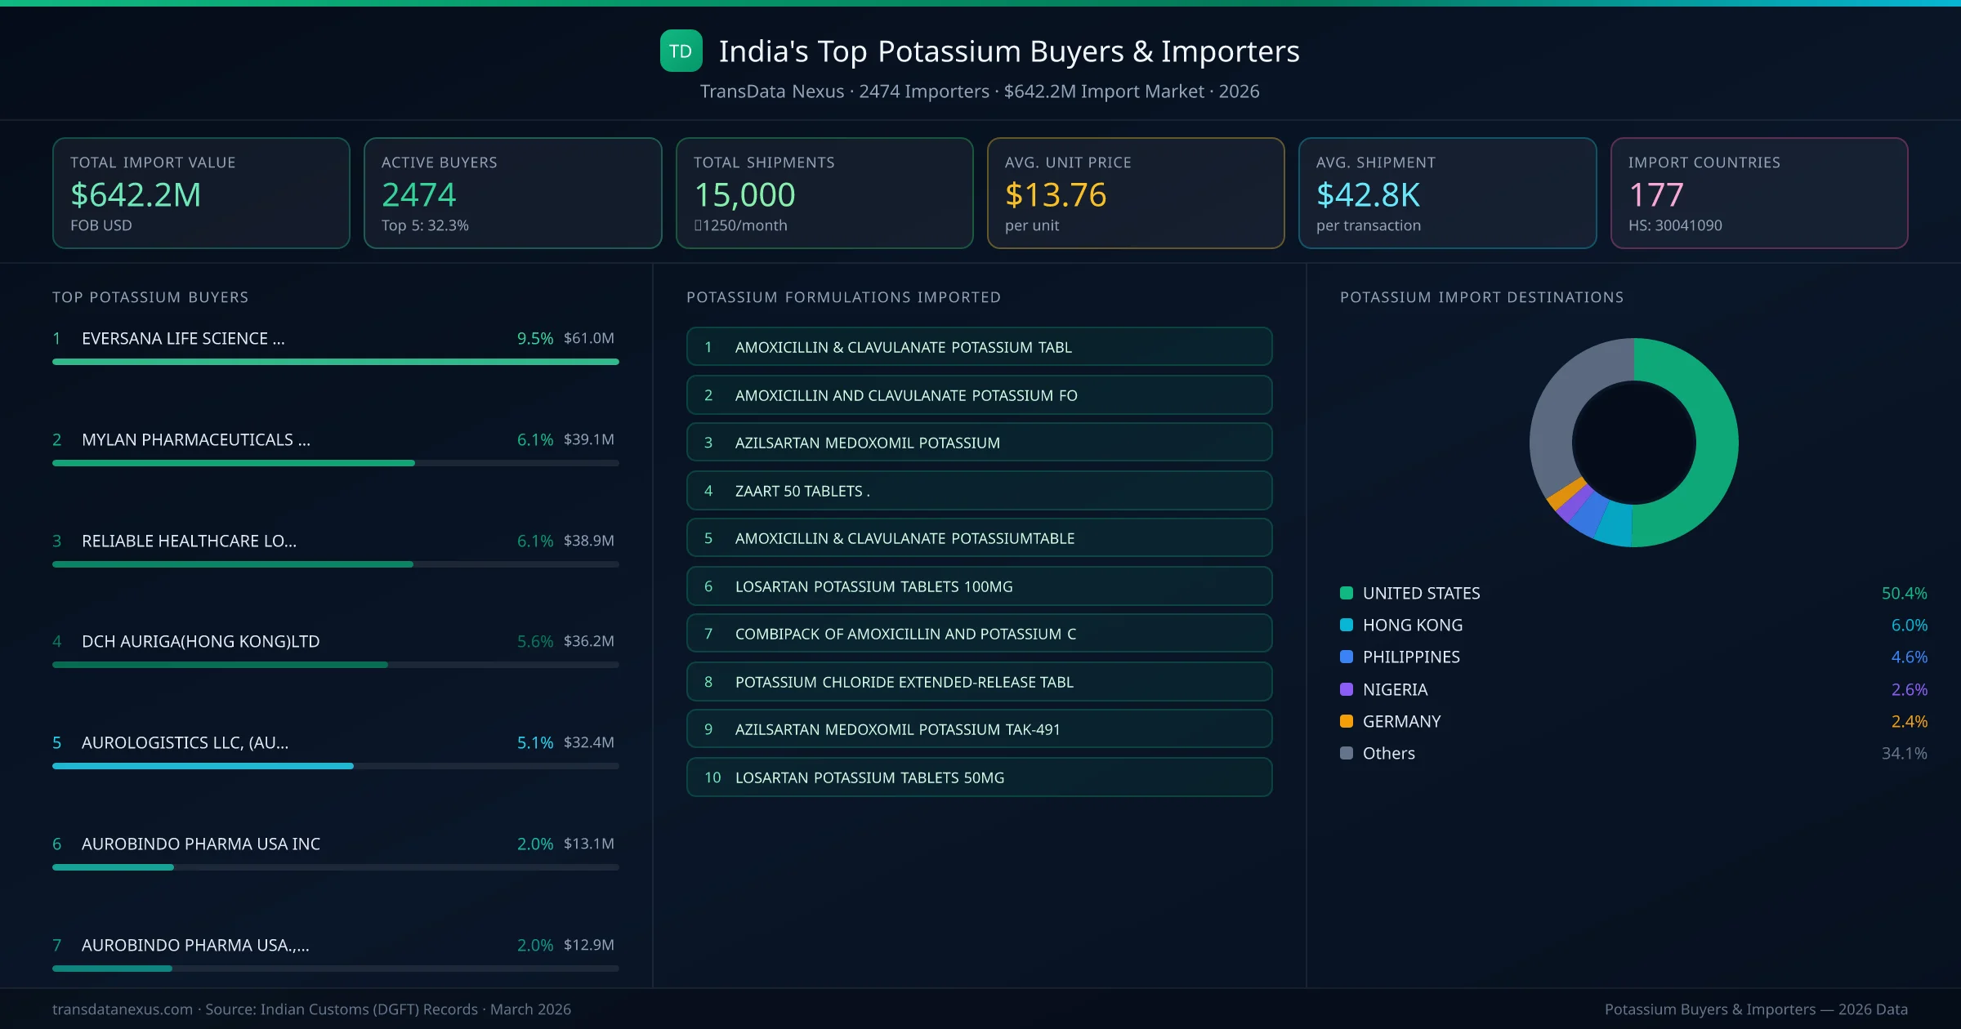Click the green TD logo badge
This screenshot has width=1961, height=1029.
click(x=681, y=51)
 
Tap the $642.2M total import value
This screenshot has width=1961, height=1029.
click(x=136, y=194)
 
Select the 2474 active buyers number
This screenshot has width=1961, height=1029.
click(x=418, y=194)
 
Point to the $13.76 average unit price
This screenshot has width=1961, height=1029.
click(x=1055, y=194)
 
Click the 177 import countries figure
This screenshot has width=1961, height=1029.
click(x=1655, y=194)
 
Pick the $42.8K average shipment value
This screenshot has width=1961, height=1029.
click(x=1368, y=194)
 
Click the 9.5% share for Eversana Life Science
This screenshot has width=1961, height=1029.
click(x=534, y=338)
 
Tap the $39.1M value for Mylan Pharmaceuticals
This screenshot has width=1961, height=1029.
click(x=588, y=439)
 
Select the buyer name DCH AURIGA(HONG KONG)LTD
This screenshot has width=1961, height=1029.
click(x=200, y=641)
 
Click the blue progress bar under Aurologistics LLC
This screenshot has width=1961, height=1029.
click(x=203, y=766)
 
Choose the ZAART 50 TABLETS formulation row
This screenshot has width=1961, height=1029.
click(x=979, y=491)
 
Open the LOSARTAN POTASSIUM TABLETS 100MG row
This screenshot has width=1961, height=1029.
click(x=979, y=586)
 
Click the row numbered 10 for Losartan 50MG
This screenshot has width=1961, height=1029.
click(x=979, y=777)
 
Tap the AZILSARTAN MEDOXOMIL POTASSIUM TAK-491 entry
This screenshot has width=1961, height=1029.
click(x=979, y=729)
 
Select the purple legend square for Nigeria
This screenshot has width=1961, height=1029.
click(x=1347, y=689)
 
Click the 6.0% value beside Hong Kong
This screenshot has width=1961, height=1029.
click(x=1909, y=625)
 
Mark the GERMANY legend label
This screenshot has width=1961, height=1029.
click(x=1401, y=721)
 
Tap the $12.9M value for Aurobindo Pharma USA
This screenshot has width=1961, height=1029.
click(x=588, y=945)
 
